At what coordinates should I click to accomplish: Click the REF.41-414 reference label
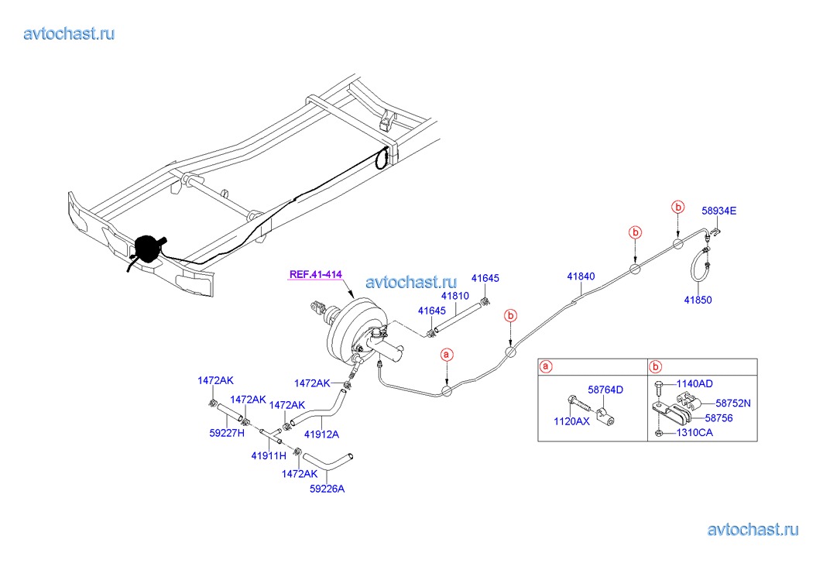(x=316, y=274)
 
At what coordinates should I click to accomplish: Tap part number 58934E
(x=719, y=210)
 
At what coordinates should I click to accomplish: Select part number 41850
(x=698, y=300)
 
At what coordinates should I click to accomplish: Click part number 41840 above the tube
(x=581, y=276)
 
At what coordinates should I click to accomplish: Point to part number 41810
(x=455, y=296)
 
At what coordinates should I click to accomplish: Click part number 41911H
(x=268, y=455)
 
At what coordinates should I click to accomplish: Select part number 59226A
(x=327, y=488)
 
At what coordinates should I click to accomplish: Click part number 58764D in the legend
(x=605, y=390)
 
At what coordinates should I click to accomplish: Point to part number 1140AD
(x=694, y=383)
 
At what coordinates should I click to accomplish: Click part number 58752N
(x=732, y=403)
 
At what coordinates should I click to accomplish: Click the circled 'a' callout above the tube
(x=447, y=354)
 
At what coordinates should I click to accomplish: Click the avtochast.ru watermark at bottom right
(x=752, y=530)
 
